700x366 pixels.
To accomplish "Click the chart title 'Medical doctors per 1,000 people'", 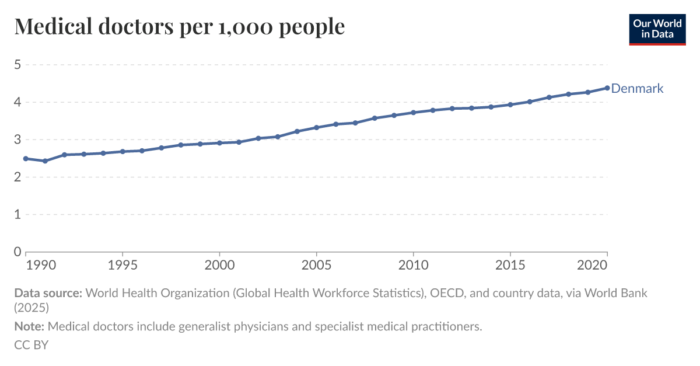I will point(179,26).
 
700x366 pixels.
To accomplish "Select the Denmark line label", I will point(637,89).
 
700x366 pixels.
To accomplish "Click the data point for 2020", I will point(607,88).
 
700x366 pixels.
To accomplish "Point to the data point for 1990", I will point(26,159).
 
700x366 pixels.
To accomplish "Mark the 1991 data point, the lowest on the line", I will point(45,161).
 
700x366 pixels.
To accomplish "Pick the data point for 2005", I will point(316,127).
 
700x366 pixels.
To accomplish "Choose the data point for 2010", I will point(413,113).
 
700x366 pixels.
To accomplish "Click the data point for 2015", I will point(510,104).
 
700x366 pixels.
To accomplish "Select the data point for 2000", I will point(219,143).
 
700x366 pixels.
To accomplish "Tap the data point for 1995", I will point(123,152).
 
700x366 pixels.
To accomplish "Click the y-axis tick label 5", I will point(17,65).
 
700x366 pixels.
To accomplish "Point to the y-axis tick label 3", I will point(17,140).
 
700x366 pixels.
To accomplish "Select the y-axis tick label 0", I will point(17,252).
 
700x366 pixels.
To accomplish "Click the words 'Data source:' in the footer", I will point(48,293).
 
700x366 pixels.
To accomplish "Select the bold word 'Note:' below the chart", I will point(29,327).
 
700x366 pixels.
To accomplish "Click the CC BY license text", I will point(31,345).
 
